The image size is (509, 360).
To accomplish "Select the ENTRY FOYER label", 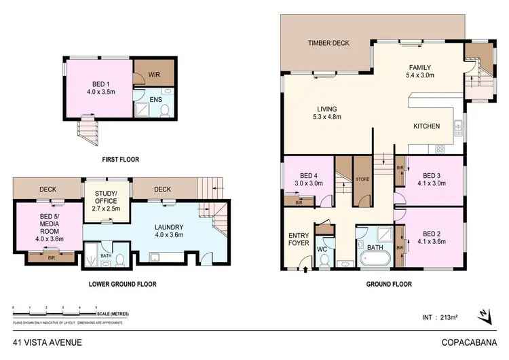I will pos(299,238).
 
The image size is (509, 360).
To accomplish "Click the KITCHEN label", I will pos(427,126).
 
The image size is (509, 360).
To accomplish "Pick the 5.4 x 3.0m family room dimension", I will pos(425,76).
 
